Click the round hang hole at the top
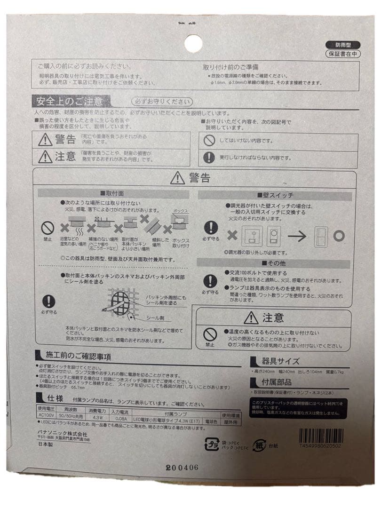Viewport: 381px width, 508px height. pyautogui.click(x=193, y=44)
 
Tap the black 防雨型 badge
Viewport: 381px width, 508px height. pyautogui.click(x=342, y=45)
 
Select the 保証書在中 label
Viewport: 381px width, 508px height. pyautogui.click(x=342, y=54)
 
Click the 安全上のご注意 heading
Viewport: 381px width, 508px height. pyautogui.click(x=71, y=101)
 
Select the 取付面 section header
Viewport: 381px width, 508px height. pyautogui.click(x=113, y=194)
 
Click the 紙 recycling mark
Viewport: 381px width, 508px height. pyautogui.click(x=259, y=444)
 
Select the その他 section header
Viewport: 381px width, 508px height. pyautogui.click(x=274, y=262)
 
